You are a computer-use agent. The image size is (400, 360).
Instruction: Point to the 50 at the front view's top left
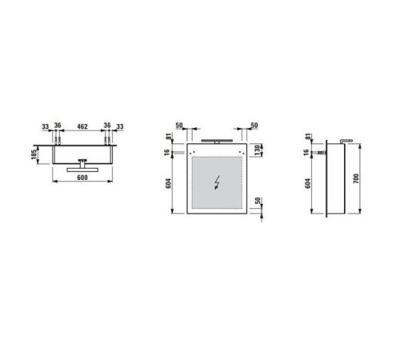coord(180,126)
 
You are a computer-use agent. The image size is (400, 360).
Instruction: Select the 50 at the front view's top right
coord(254,126)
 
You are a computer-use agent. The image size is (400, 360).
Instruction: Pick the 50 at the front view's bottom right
coord(257,203)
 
